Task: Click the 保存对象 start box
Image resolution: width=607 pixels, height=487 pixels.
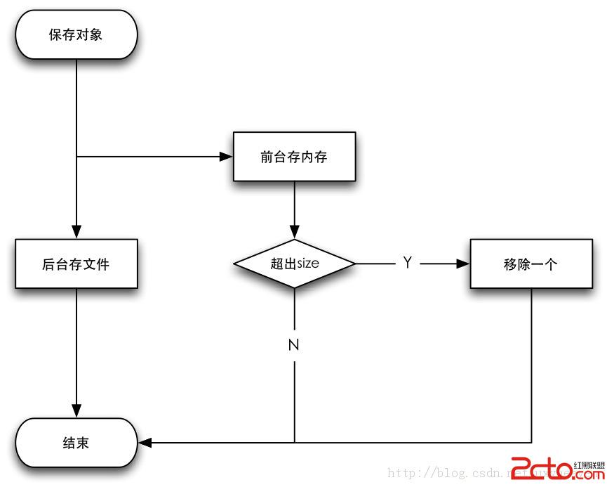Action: tap(76, 34)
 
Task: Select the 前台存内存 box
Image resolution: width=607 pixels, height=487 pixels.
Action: tap(294, 157)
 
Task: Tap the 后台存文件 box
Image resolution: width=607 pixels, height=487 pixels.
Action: tap(76, 264)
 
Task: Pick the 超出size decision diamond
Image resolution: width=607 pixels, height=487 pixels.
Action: tap(294, 264)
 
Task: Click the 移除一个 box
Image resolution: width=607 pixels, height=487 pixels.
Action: tap(531, 264)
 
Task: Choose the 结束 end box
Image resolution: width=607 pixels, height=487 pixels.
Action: tap(76, 443)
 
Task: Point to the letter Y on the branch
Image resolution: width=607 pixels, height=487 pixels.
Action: tap(407, 263)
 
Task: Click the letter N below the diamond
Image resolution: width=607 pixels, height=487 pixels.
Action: tap(294, 345)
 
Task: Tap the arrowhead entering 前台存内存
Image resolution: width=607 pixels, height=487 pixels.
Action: tap(226, 157)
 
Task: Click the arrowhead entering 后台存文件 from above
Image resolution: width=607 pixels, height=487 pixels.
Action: tap(76, 232)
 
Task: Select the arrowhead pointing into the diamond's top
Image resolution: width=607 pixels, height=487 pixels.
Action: tap(294, 232)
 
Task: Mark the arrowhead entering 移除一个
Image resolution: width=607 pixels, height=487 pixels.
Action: tap(462, 264)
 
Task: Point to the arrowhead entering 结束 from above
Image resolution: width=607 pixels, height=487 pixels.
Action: tap(76, 411)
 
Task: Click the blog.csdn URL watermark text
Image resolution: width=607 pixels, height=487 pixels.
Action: tap(449, 473)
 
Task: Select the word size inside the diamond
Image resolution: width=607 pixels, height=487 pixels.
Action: tap(308, 264)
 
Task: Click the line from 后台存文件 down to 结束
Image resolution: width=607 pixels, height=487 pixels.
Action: tap(76, 344)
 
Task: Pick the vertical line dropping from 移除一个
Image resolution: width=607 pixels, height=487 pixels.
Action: tap(531, 365)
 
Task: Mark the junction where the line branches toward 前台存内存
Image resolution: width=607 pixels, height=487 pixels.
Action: tap(76, 157)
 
